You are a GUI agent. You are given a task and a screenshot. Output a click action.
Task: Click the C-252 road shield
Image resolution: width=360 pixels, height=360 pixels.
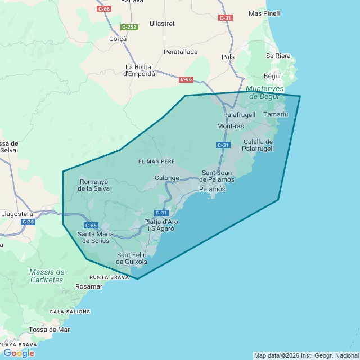pyautogui.click(x=129, y=27)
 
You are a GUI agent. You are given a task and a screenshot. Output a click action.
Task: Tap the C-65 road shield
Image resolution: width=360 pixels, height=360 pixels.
pyautogui.click(x=92, y=225)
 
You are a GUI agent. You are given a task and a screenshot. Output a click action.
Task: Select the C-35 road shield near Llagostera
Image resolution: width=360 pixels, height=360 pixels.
pyautogui.click(x=28, y=222)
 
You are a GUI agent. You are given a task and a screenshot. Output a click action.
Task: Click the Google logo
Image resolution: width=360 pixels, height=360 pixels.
pyautogui.click(x=19, y=353)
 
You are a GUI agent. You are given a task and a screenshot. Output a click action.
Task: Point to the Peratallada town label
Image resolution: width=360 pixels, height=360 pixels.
pyautogui.click(x=181, y=52)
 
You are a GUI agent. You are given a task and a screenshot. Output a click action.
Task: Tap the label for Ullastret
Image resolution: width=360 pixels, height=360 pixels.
pyautogui.click(x=163, y=24)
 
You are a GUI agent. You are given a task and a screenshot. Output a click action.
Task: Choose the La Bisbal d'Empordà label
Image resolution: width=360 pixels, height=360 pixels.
pyautogui.click(x=139, y=70)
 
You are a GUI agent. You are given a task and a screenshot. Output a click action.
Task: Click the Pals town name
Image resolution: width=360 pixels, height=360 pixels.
pyautogui.click(x=228, y=57)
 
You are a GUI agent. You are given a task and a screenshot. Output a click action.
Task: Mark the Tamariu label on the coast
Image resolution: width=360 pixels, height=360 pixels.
pyautogui.click(x=276, y=114)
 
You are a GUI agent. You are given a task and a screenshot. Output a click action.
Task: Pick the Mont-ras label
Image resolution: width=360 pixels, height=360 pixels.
pyautogui.click(x=231, y=126)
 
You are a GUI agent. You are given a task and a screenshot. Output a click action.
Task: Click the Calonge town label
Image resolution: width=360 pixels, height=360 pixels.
pyautogui.click(x=166, y=178)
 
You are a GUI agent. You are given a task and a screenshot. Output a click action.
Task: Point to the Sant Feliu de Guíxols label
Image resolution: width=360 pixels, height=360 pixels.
pyautogui.click(x=132, y=258)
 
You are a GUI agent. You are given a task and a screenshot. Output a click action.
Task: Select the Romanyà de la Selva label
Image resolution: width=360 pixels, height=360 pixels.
pyautogui.click(x=94, y=185)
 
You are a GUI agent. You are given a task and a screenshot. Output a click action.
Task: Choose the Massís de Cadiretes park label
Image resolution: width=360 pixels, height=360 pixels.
pyautogui.click(x=46, y=276)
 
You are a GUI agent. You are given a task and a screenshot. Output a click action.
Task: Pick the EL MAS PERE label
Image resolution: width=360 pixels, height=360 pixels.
pyautogui.click(x=156, y=161)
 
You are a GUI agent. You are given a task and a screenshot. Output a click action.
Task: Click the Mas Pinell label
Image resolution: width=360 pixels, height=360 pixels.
pyautogui.click(x=264, y=13)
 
